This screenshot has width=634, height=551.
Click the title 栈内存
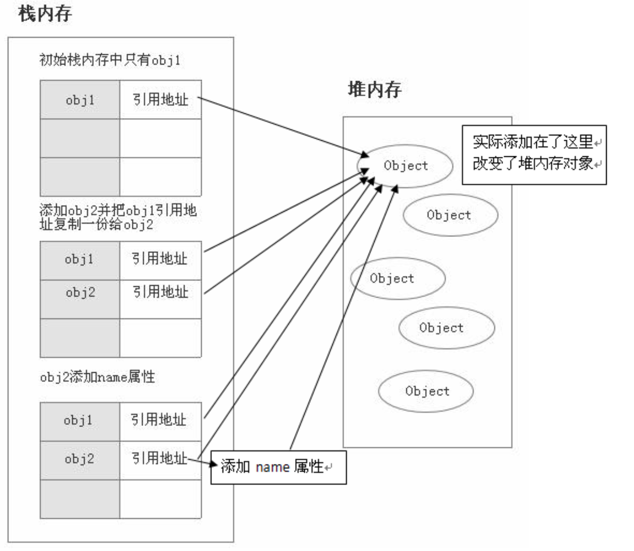point(45,14)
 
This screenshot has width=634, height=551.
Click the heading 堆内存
point(375,89)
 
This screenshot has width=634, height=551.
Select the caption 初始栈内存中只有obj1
point(110,60)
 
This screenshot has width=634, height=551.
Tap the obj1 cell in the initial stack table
point(80,100)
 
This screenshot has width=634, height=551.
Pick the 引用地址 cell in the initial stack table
point(161,100)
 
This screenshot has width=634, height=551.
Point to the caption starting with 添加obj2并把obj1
point(118,217)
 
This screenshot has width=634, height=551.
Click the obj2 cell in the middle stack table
point(80,299)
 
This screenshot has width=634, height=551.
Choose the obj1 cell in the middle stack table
point(80,261)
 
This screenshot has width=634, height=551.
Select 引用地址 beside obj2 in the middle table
point(161,292)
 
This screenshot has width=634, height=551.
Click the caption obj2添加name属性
point(97,377)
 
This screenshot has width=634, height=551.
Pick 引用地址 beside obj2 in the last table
point(159,458)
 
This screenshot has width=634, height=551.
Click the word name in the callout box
point(273,466)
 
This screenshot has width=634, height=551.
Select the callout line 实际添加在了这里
point(533,142)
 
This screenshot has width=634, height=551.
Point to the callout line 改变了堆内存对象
point(533,163)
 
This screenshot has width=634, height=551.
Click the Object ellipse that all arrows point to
point(405,167)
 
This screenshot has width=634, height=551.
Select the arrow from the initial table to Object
point(283,127)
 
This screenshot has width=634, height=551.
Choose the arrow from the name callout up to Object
point(344,317)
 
